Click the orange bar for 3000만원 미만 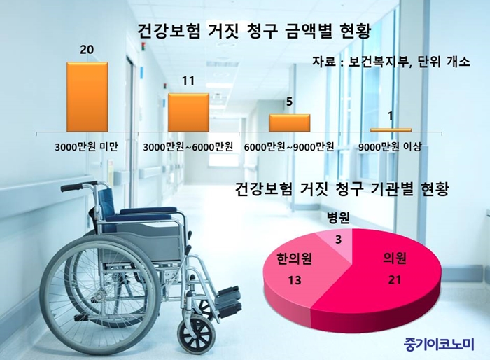87,97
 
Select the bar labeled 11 189,112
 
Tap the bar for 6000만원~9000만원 290,123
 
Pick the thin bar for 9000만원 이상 391,130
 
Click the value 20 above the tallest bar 87,50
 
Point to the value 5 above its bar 289,102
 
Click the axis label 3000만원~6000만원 188,146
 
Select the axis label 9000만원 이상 390,146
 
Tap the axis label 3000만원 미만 87,146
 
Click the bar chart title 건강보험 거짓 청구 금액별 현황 253,32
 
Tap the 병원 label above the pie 338,218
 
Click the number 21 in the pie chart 395,280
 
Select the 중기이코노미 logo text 438,344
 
